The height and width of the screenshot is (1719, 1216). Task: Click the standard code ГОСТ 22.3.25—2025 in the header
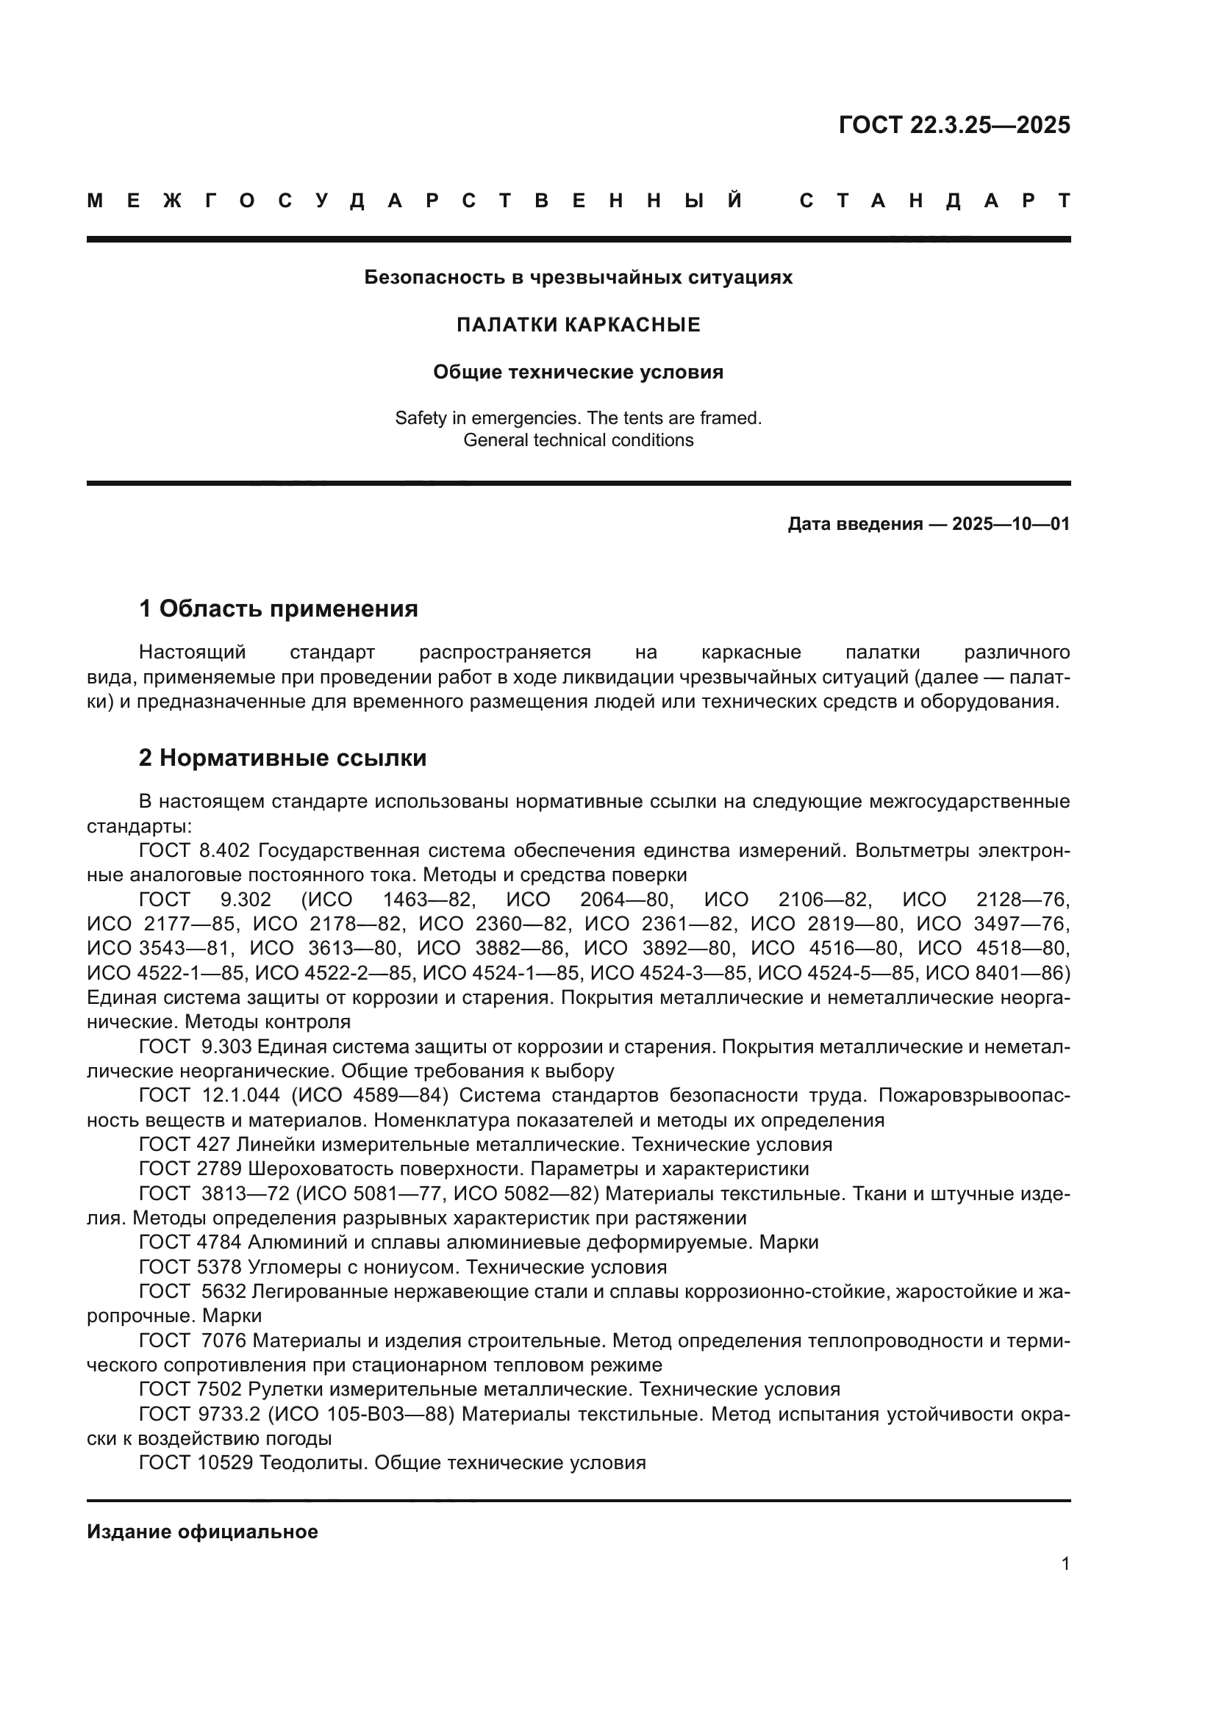pyautogui.click(x=954, y=125)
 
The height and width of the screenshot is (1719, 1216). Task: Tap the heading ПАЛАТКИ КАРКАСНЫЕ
pyautogui.click(x=578, y=325)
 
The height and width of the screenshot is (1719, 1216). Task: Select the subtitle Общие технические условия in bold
pyautogui.click(x=578, y=372)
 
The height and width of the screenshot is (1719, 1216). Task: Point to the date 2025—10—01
pyautogui.click(x=1011, y=524)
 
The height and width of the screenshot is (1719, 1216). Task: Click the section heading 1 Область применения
pyautogui.click(x=279, y=609)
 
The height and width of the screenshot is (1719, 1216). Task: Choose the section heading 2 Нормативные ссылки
pyautogui.click(x=282, y=758)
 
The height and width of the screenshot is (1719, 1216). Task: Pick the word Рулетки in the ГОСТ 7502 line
pyautogui.click(x=285, y=1390)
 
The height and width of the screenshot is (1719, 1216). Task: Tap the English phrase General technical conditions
pyautogui.click(x=578, y=440)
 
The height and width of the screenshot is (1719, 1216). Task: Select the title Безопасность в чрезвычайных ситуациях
pyautogui.click(x=578, y=278)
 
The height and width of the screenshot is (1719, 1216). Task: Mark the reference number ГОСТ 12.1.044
pyautogui.click(x=210, y=1095)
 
